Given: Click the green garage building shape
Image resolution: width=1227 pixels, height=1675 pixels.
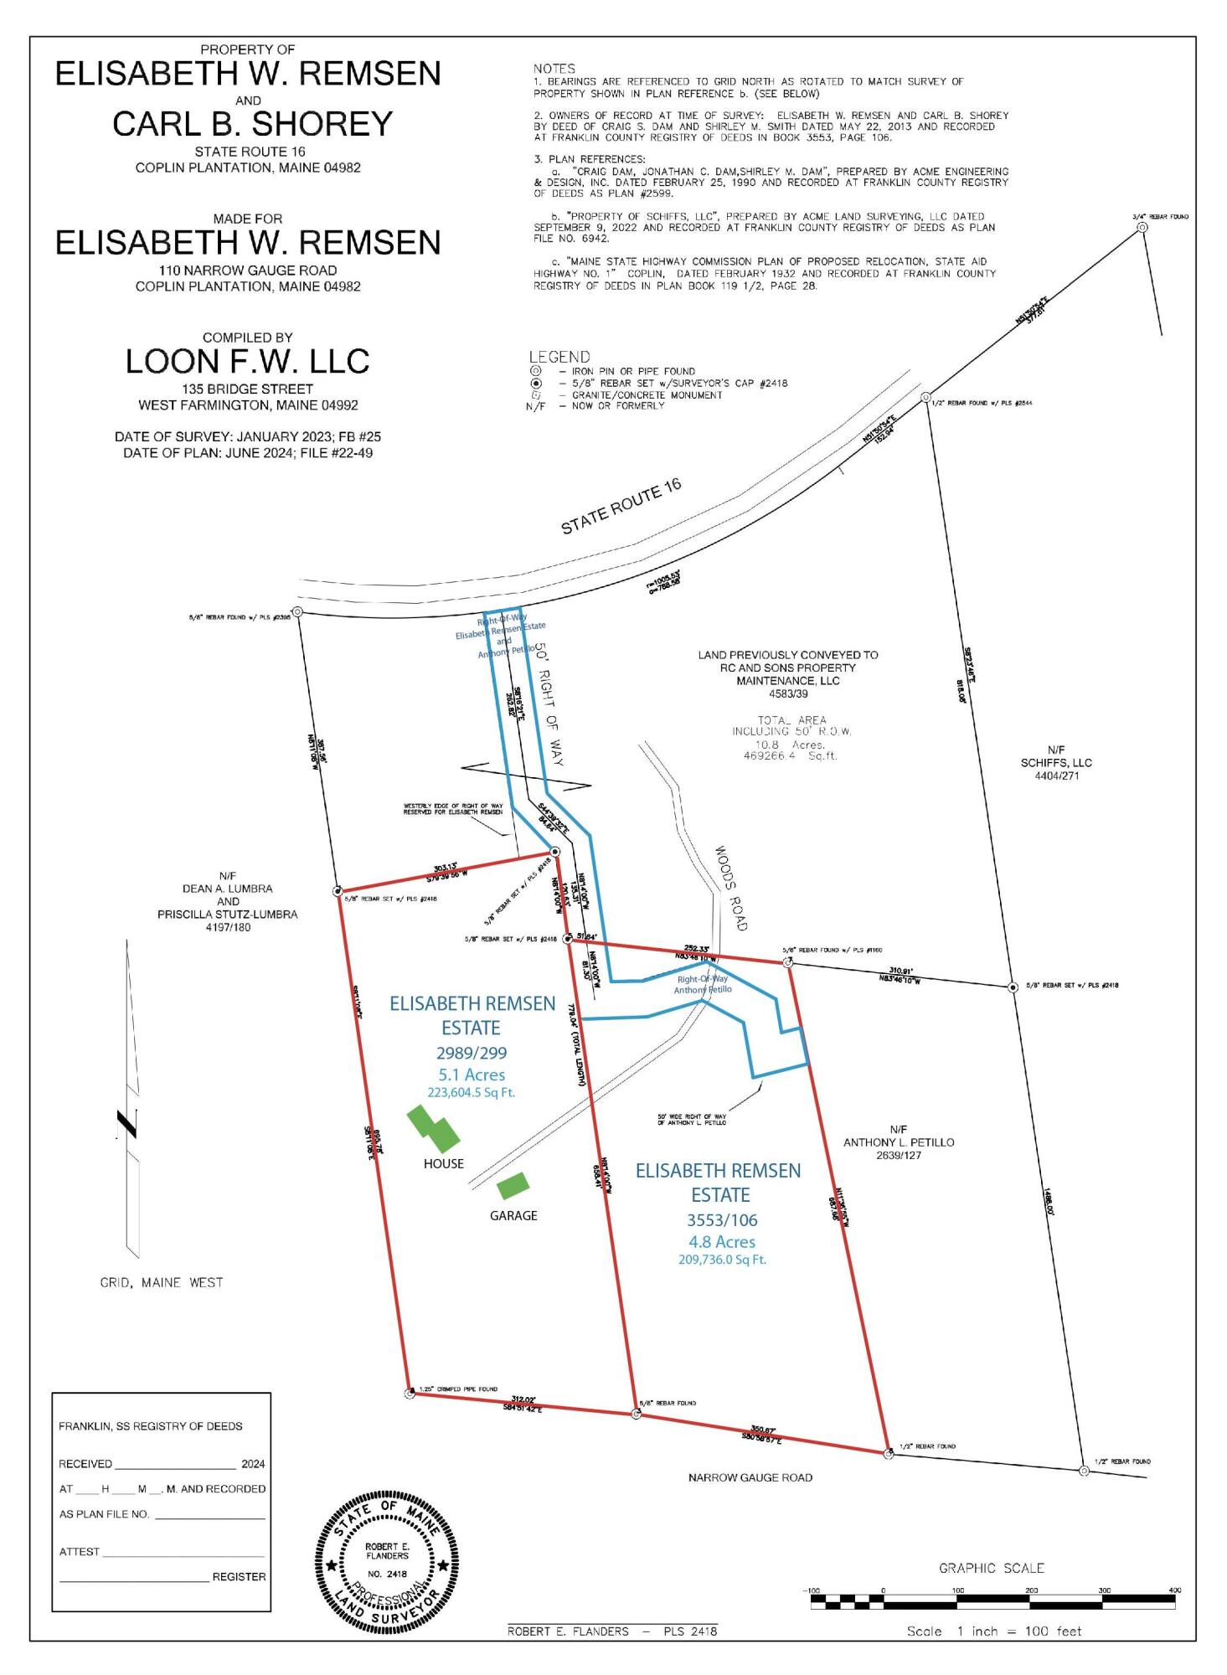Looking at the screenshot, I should (x=513, y=1185).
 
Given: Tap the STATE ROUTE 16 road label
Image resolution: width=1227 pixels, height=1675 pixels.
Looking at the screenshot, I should (x=621, y=507).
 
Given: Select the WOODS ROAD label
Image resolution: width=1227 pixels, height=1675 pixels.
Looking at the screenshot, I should (x=729, y=888).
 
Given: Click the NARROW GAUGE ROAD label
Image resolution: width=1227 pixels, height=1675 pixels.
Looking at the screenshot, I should (x=750, y=1477).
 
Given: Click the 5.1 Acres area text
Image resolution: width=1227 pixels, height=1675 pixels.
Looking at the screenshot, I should (x=472, y=1075).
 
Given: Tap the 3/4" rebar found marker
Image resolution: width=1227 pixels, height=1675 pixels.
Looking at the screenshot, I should (x=1142, y=228).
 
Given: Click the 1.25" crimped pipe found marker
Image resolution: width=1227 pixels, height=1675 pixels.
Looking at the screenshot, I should (x=410, y=1394).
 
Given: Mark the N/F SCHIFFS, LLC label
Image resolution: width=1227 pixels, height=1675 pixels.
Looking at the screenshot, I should (x=1055, y=763).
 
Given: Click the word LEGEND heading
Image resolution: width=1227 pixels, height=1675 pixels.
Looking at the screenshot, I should (x=559, y=357).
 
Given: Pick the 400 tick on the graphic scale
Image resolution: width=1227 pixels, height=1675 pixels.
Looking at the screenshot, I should (x=1174, y=1590).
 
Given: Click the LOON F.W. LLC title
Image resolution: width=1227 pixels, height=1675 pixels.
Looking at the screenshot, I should (x=247, y=361).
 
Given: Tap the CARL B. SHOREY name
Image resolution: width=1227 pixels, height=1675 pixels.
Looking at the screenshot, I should (x=252, y=124).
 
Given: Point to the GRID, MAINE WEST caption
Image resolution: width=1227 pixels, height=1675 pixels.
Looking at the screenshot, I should (x=162, y=1282).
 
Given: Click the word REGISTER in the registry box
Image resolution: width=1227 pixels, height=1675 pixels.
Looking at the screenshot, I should (x=239, y=1576).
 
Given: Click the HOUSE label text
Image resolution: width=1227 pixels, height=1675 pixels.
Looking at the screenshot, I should (x=443, y=1163).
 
